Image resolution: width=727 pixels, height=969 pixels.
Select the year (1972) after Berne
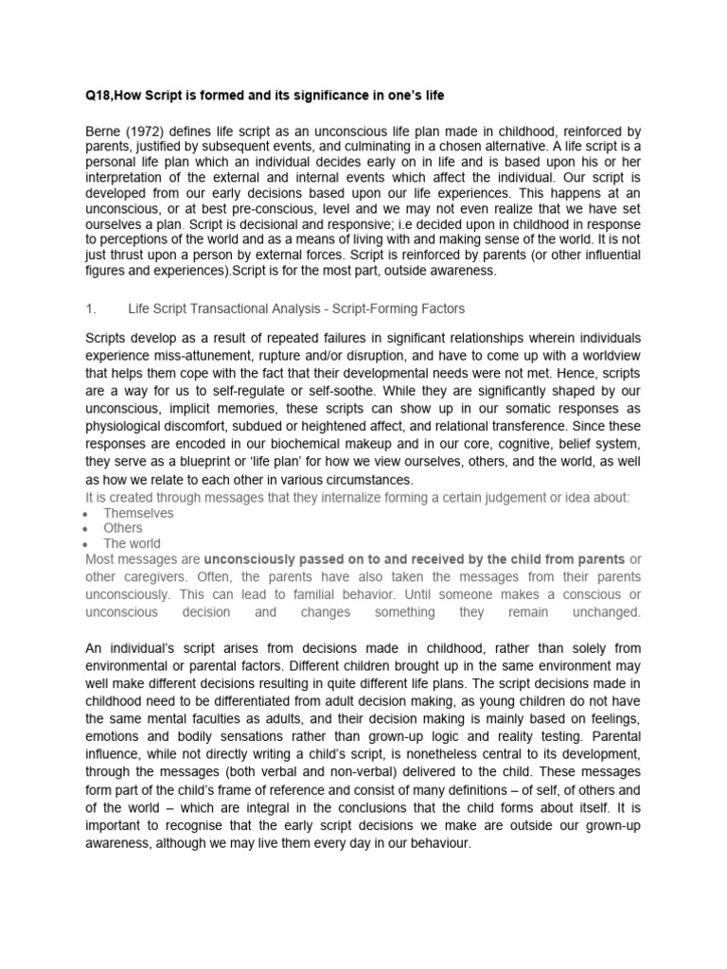tap(144, 130)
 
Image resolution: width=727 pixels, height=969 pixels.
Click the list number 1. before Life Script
tap(91, 308)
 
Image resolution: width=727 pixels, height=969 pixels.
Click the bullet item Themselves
tap(138, 513)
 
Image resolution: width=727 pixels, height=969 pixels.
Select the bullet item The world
tap(132, 544)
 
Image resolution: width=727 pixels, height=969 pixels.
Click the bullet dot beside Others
tap(86, 529)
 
